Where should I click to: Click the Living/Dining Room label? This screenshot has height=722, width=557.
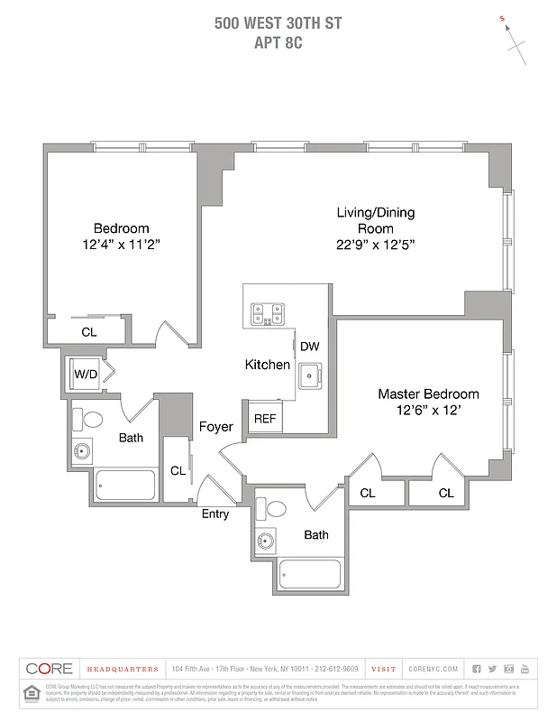point(375,220)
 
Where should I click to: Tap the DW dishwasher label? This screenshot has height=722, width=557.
point(309,347)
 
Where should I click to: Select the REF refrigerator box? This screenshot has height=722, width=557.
point(264,419)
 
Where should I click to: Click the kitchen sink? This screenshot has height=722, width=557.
point(310,374)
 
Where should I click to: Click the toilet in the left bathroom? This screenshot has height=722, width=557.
point(92,420)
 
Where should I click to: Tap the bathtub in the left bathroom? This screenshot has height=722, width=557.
point(125,486)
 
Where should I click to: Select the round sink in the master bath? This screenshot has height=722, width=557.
point(266,541)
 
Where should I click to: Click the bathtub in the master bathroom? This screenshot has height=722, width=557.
point(310,572)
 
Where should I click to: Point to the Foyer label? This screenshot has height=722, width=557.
point(215,427)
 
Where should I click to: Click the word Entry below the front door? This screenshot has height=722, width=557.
point(215,514)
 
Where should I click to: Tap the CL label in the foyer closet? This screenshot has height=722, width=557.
point(178,470)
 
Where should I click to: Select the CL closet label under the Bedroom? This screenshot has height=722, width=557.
point(88,332)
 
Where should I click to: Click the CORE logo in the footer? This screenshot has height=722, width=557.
point(49,669)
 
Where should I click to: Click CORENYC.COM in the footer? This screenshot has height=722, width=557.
point(433,669)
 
